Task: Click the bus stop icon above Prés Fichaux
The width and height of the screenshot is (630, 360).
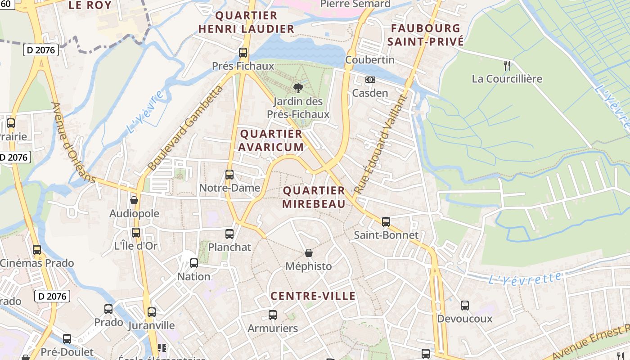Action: (x=243, y=53)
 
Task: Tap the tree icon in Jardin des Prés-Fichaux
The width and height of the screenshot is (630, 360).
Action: (x=297, y=88)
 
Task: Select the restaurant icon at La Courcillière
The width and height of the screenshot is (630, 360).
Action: (x=507, y=66)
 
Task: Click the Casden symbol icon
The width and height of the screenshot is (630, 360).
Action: (x=370, y=80)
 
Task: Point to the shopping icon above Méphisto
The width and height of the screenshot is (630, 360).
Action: (x=309, y=253)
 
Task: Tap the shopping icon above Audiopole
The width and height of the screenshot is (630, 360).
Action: (x=134, y=200)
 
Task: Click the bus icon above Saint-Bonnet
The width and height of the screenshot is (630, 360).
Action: (x=386, y=221)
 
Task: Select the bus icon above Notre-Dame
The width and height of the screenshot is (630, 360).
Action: (x=229, y=174)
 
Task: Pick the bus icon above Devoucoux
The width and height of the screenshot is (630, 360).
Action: (x=465, y=306)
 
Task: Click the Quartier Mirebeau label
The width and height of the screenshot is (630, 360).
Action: (x=314, y=197)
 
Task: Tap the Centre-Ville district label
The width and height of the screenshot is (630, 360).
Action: (x=313, y=296)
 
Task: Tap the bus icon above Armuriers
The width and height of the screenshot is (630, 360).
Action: (x=273, y=315)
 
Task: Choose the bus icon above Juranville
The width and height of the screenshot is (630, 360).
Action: (x=152, y=312)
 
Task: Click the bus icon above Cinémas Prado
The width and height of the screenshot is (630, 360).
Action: (x=37, y=249)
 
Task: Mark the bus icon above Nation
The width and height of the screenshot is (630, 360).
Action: (x=194, y=263)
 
